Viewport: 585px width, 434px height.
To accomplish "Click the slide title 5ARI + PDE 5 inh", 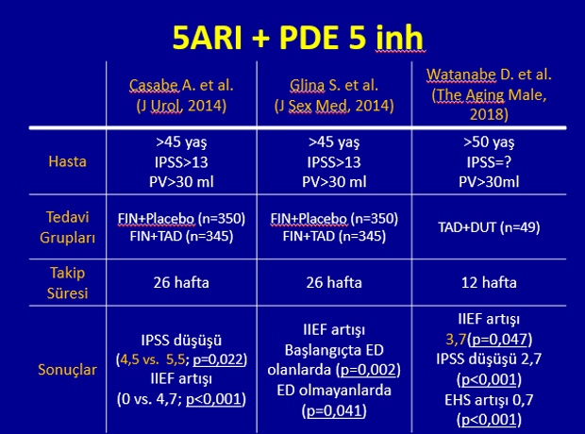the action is tap(298, 38).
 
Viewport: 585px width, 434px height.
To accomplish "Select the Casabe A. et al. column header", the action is tap(181, 95).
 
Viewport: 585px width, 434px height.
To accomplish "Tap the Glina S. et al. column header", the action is tap(334, 95).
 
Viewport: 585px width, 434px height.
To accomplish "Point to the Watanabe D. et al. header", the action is tap(489, 94).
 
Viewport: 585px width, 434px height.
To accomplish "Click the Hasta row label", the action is tap(68, 161).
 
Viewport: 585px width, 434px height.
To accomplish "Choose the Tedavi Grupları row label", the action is tap(68, 226).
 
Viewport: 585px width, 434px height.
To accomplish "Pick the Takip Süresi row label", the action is tap(68, 282).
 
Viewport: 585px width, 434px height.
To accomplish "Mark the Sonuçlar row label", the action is tap(68, 370).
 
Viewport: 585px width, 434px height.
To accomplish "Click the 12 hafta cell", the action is tap(489, 282).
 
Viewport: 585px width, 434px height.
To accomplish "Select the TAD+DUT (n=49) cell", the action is tap(489, 226).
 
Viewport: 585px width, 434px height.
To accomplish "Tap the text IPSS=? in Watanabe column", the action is tap(489, 162).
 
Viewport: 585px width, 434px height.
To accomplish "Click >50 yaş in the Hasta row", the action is tap(489, 142).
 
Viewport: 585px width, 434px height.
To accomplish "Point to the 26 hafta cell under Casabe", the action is tap(181, 282).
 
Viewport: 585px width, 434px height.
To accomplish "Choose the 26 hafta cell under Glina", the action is tap(334, 282).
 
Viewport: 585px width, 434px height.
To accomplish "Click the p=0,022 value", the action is tap(218, 359).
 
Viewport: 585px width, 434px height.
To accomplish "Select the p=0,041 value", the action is tap(334, 410).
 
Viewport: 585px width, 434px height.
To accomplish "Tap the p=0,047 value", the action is tap(497, 340).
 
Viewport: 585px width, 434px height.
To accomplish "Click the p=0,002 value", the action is tap(368, 370).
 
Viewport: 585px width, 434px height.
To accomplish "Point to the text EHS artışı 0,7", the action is tap(489, 400).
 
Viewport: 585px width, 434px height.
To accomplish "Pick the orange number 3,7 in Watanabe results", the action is tap(456, 340).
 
